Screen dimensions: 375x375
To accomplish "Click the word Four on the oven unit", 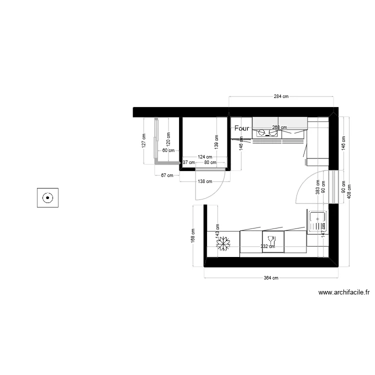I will [241, 128].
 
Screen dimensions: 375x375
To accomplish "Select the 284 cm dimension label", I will [281, 96].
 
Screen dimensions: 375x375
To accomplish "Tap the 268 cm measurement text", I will [279, 127].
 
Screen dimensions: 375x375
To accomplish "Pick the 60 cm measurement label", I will [168, 150].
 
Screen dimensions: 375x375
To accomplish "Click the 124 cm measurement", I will [203, 157].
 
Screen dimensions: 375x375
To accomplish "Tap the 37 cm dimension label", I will [188, 162].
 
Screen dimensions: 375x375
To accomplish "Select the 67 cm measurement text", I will [166, 175].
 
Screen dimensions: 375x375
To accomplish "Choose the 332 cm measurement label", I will [268, 246].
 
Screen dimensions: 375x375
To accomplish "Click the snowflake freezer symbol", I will [223, 243].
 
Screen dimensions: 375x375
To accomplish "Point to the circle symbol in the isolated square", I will [47, 197].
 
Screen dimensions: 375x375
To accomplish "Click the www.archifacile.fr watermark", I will [343, 293].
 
